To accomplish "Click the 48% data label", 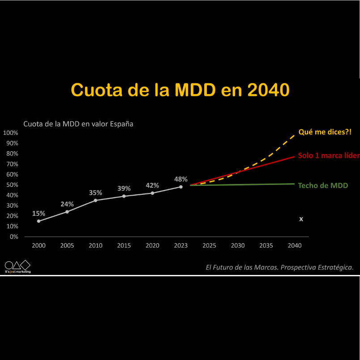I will [180, 179].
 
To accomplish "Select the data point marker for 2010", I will [95, 200].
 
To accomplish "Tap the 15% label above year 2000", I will [39, 214].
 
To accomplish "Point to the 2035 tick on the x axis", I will [266, 245].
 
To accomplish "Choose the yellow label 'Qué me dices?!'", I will [325, 132].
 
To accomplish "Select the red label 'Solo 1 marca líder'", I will [328, 156].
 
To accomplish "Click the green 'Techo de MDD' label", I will [322, 185].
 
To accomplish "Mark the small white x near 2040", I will [301, 219].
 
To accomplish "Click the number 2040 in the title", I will [268, 90].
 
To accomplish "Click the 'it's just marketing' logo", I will [17, 267].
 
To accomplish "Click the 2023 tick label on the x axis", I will [180, 245].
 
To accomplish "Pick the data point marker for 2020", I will [152, 193].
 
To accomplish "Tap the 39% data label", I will [124, 189].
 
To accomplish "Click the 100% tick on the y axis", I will [11, 133].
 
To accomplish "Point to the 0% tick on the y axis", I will [13, 236].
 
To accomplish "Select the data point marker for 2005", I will [67, 211].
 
